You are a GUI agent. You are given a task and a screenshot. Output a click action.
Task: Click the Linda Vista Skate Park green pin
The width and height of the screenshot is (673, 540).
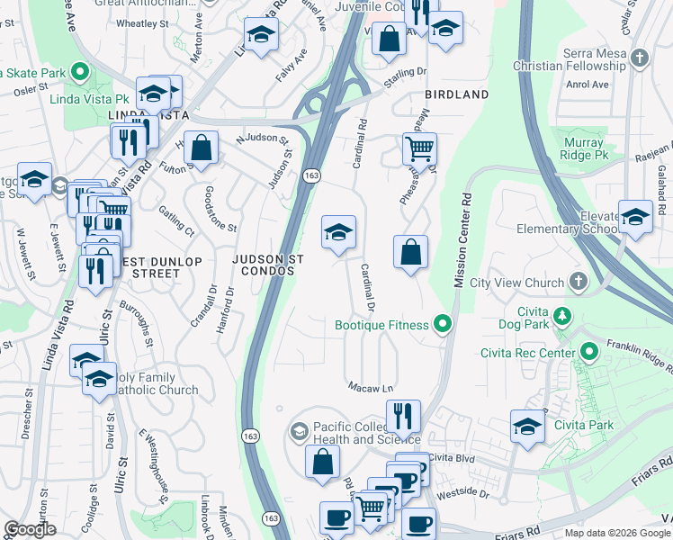click(80, 71)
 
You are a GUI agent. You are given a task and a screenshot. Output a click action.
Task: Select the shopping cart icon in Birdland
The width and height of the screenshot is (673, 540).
click(419, 148)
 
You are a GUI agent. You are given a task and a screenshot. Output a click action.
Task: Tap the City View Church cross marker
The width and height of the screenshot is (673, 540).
click(577, 283)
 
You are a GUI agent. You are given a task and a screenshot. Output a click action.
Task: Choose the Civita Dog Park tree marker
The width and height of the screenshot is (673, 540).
click(562, 316)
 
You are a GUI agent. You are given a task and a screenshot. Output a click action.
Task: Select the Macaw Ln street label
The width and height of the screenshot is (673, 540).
click(372, 387)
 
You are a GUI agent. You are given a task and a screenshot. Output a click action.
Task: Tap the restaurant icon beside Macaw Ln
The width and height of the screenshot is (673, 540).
click(403, 416)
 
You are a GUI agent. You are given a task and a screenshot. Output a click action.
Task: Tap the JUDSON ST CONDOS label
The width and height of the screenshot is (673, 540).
click(267, 265)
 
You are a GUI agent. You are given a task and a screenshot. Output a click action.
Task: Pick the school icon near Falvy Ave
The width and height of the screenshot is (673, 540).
click(262, 34)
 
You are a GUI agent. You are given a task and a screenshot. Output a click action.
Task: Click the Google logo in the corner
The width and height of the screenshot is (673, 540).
click(31, 529)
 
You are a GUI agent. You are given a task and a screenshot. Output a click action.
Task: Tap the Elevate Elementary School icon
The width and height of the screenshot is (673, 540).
click(635, 217)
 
